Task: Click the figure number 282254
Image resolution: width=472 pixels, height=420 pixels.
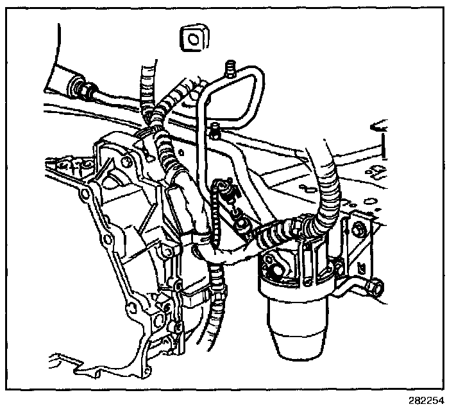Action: tap(426, 401)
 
